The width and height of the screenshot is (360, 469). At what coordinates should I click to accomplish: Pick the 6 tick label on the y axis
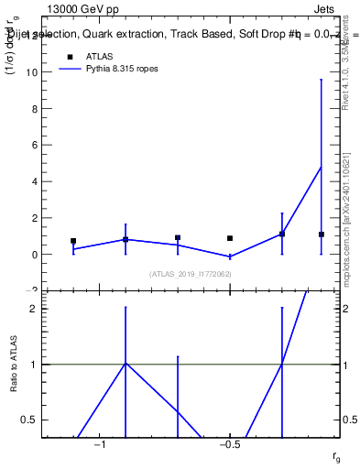[38, 145]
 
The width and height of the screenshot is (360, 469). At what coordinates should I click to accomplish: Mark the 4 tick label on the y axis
[38, 181]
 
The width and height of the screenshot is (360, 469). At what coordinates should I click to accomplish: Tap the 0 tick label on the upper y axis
[38, 255]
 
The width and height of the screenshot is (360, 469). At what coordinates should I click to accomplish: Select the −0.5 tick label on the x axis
[229, 445]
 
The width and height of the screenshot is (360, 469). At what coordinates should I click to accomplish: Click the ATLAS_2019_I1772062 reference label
[191, 274]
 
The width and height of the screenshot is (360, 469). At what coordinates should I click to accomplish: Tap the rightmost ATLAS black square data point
[322, 234]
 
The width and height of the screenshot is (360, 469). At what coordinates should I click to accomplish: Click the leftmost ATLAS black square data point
[73, 241]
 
